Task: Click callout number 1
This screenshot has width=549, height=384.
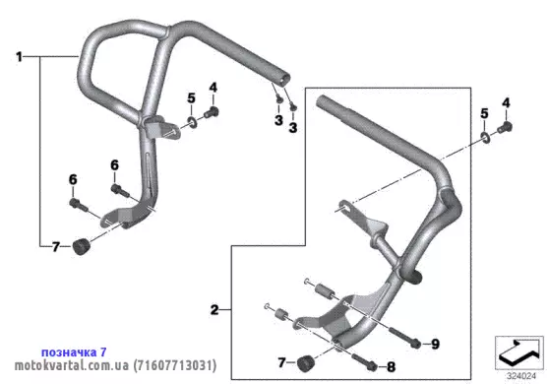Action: pyautogui.click(x=19, y=57)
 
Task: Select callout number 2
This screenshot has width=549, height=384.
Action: pyautogui.click(x=214, y=310)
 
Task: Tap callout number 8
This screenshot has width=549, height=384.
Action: pyautogui.click(x=392, y=367)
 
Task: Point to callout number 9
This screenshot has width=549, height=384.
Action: pyautogui.click(x=435, y=344)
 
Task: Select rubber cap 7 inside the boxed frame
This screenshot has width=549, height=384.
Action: pyautogui.click(x=304, y=363)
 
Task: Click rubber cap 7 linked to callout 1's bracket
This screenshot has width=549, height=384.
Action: pyautogui.click(x=81, y=246)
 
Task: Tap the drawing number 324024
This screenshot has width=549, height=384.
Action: pyautogui.click(x=521, y=376)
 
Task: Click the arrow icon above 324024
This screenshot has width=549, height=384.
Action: pyautogui.click(x=519, y=352)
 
